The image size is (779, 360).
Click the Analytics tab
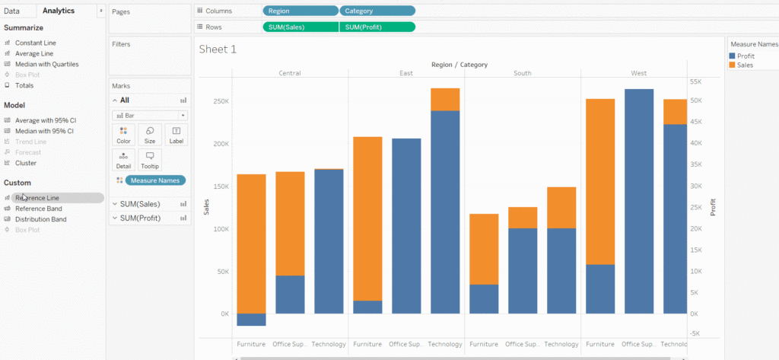pyautogui.click(x=59, y=11)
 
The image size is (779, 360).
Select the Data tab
pyautogui.click(x=12, y=11)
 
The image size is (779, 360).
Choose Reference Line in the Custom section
pyautogui.click(x=37, y=198)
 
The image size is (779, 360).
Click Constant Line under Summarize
pyautogui.click(x=35, y=43)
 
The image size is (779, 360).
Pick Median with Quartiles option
pyautogui.click(x=46, y=65)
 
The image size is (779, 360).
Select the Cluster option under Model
pyautogui.click(x=25, y=163)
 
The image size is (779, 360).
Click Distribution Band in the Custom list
pyautogui.click(x=40, y=219)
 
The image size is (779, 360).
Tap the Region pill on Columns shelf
pyautogui.click(x=300, y=11)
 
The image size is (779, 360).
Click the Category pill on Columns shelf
pyautogui.click(x=377, y=11)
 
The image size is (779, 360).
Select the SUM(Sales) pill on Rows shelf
pyautogui.click(x=300, y=27)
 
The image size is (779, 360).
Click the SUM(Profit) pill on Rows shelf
pyautogui.click(x=377, y=27)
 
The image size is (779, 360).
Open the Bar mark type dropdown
pyautogui.click(x=149, y=115)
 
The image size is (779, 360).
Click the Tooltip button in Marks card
pyautogui.click(x=150, y=160)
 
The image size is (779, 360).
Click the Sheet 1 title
pyautogui.click(x=218, y=49)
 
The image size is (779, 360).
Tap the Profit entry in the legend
pyautogui.click(x=746, y=56)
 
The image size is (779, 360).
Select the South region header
pyautogui.click(x=522, y=74)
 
